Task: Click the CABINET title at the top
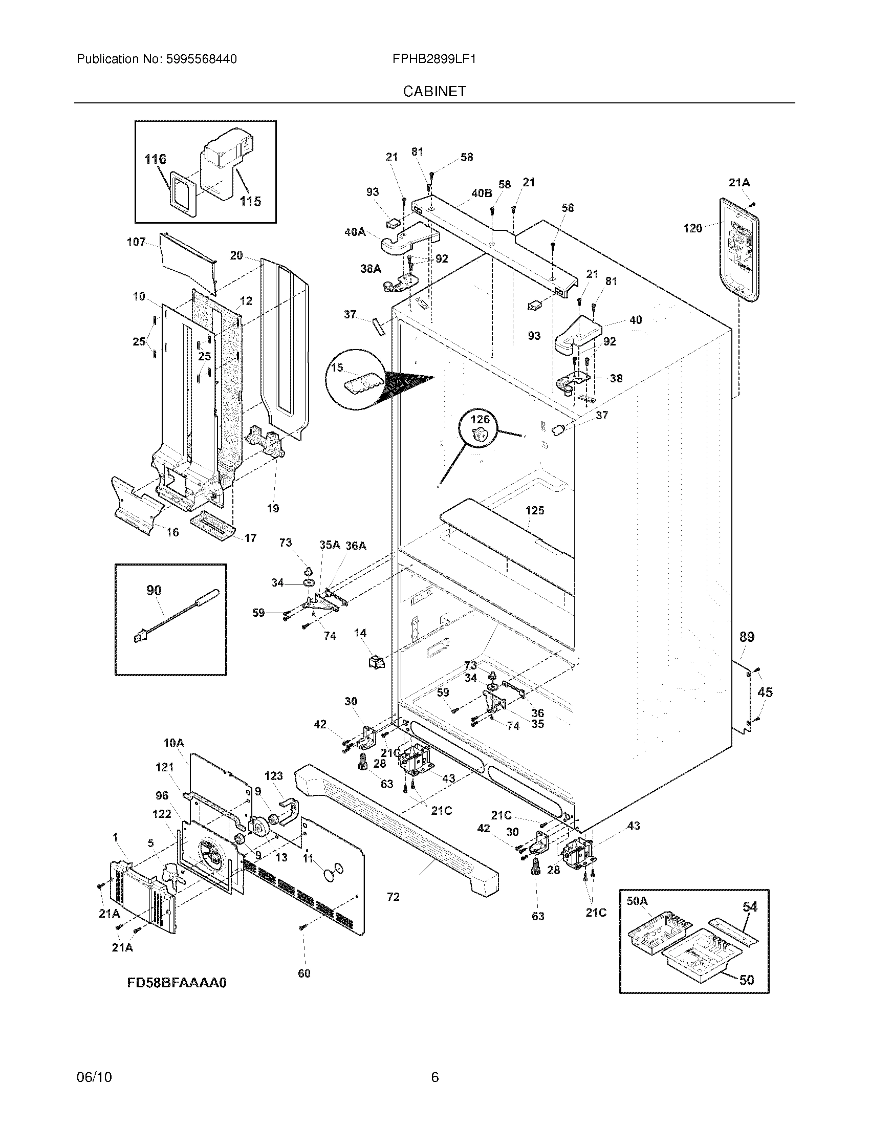(434, 91)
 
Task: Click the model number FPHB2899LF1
(433, 59)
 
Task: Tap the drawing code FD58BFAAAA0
(177, 983)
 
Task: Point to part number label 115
(250, 201)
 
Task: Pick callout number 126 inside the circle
(480, 420)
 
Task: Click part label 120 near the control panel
(693, 228)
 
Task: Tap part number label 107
(136, 242)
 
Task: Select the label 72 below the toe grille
(393, 897)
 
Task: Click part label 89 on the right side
(747, 637)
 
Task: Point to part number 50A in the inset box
(637, 901)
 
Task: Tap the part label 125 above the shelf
(534, 510)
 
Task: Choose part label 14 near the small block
(360, 633)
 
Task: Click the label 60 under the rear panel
(304, 973)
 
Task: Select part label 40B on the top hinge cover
(482, 193)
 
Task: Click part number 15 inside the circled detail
(337, 367)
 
